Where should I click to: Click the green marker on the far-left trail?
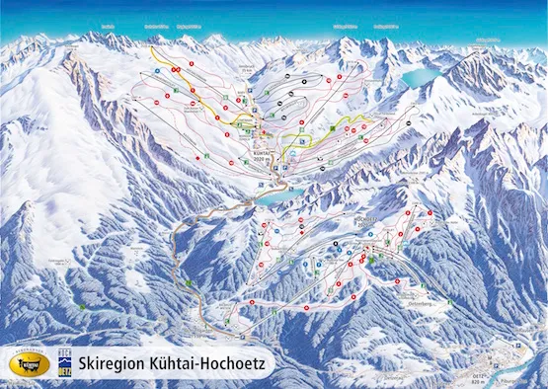83,307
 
